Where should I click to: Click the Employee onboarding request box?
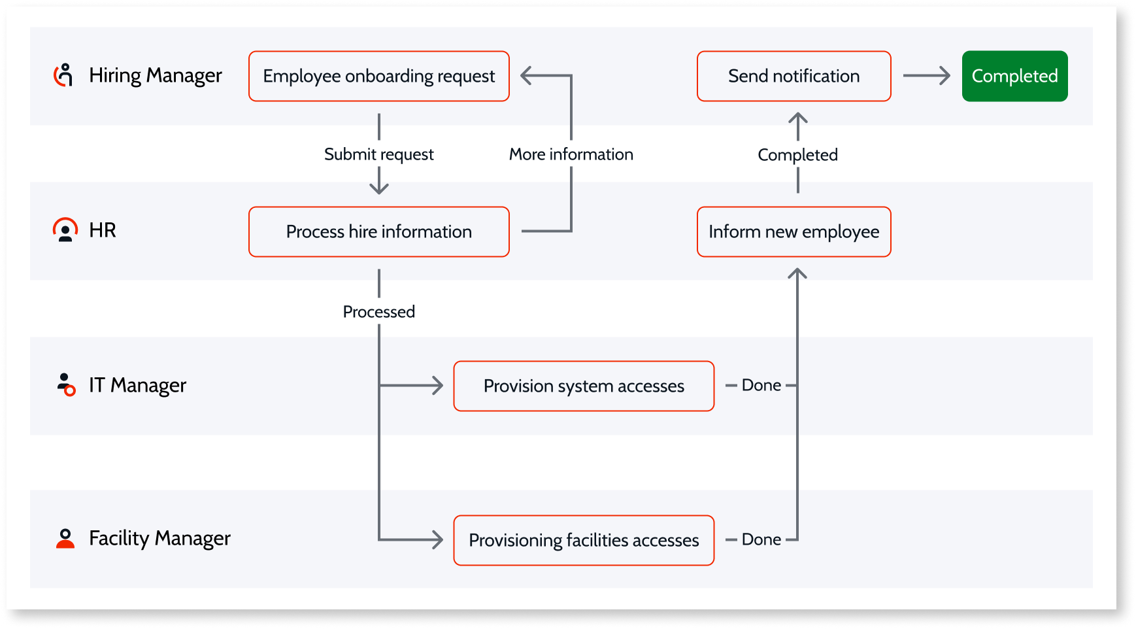point(379,76)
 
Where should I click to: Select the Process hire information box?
point(379,231)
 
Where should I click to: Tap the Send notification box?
point(794,76)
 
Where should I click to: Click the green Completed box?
point(1015,76)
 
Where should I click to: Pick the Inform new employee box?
point(794,231)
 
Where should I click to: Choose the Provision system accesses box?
point(584,386)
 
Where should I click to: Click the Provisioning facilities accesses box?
point(584,540)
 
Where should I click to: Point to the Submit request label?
point(379,154)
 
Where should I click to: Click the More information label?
point(571,154)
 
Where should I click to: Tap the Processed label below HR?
point(379,311)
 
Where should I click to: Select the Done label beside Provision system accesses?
point(761,385)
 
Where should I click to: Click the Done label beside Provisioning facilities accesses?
point(761,539)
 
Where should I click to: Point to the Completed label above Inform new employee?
point(798,155)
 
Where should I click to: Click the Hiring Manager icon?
point(63,75)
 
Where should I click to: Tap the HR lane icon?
point(65,230)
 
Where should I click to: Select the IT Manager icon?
point(66,384)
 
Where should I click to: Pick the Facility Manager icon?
point(65,538)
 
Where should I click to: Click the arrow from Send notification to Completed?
point(926,76)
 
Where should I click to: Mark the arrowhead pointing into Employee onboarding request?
point(527,76)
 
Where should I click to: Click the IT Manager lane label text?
point(138,385)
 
